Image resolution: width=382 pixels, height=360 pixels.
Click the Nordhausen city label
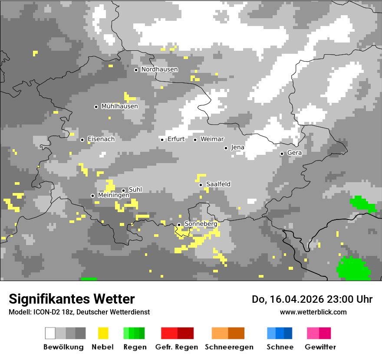coord(159,69)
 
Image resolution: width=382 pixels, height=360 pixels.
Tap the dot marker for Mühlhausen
coord(96,107)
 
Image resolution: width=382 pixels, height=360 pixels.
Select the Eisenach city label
coord(101,139)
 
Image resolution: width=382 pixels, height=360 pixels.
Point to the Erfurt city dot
coord(162,140)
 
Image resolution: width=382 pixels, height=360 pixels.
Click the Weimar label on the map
coord(212,139)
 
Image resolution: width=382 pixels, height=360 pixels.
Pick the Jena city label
coord(237,147)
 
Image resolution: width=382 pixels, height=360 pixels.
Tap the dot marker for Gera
coord(282,154)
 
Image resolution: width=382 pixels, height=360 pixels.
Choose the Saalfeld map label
coord(218,184)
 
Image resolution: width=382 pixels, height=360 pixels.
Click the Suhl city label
coord(135,190)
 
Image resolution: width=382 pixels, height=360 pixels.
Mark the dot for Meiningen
coord(92,196)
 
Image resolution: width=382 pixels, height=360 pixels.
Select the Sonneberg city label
coord(201,224)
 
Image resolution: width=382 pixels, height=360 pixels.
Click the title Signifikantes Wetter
coord(72,299)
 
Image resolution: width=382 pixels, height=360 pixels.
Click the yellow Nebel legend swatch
coord(103,333)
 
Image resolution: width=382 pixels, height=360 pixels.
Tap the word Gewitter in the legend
coord(320,347)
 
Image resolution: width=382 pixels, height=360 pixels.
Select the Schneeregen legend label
coord(229,347)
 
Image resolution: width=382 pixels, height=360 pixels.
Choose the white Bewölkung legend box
coord(50,333)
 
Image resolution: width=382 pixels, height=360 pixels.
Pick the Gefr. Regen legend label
coord(177,347)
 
